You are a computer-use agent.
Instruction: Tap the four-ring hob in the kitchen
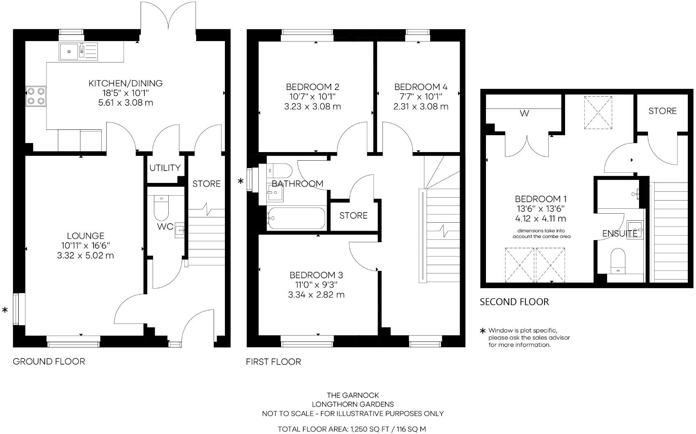click(x=36, y=96)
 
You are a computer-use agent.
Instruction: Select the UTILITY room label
click(x=165, y=168)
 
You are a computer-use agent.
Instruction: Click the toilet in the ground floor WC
click(x=160, y=209)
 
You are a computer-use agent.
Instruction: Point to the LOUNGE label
click(x=86, y=236)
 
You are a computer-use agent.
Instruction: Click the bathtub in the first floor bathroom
click(x=296, y=218)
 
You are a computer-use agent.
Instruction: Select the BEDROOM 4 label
click(x=421, y=87)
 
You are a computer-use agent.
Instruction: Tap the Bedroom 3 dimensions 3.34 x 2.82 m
click(x=316, y=295)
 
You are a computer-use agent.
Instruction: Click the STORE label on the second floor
click(x=662, y=111)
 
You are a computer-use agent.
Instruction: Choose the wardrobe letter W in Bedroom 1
click(x=524, y=114)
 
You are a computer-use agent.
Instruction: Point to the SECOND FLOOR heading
click(x=514, y=302)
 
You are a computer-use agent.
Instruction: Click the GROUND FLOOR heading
click(x=49, y=362)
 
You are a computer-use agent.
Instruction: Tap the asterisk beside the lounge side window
click(x=5, y=310)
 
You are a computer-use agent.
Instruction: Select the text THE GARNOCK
click(x=353, y=395)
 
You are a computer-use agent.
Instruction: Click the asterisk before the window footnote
click(x=483, y=331)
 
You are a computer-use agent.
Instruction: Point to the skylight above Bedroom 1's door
click(x=598, y=113)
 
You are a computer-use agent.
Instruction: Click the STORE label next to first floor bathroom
click(x=353, y=216)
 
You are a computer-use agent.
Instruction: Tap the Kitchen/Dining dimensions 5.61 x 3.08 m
click(x=126, y=103)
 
